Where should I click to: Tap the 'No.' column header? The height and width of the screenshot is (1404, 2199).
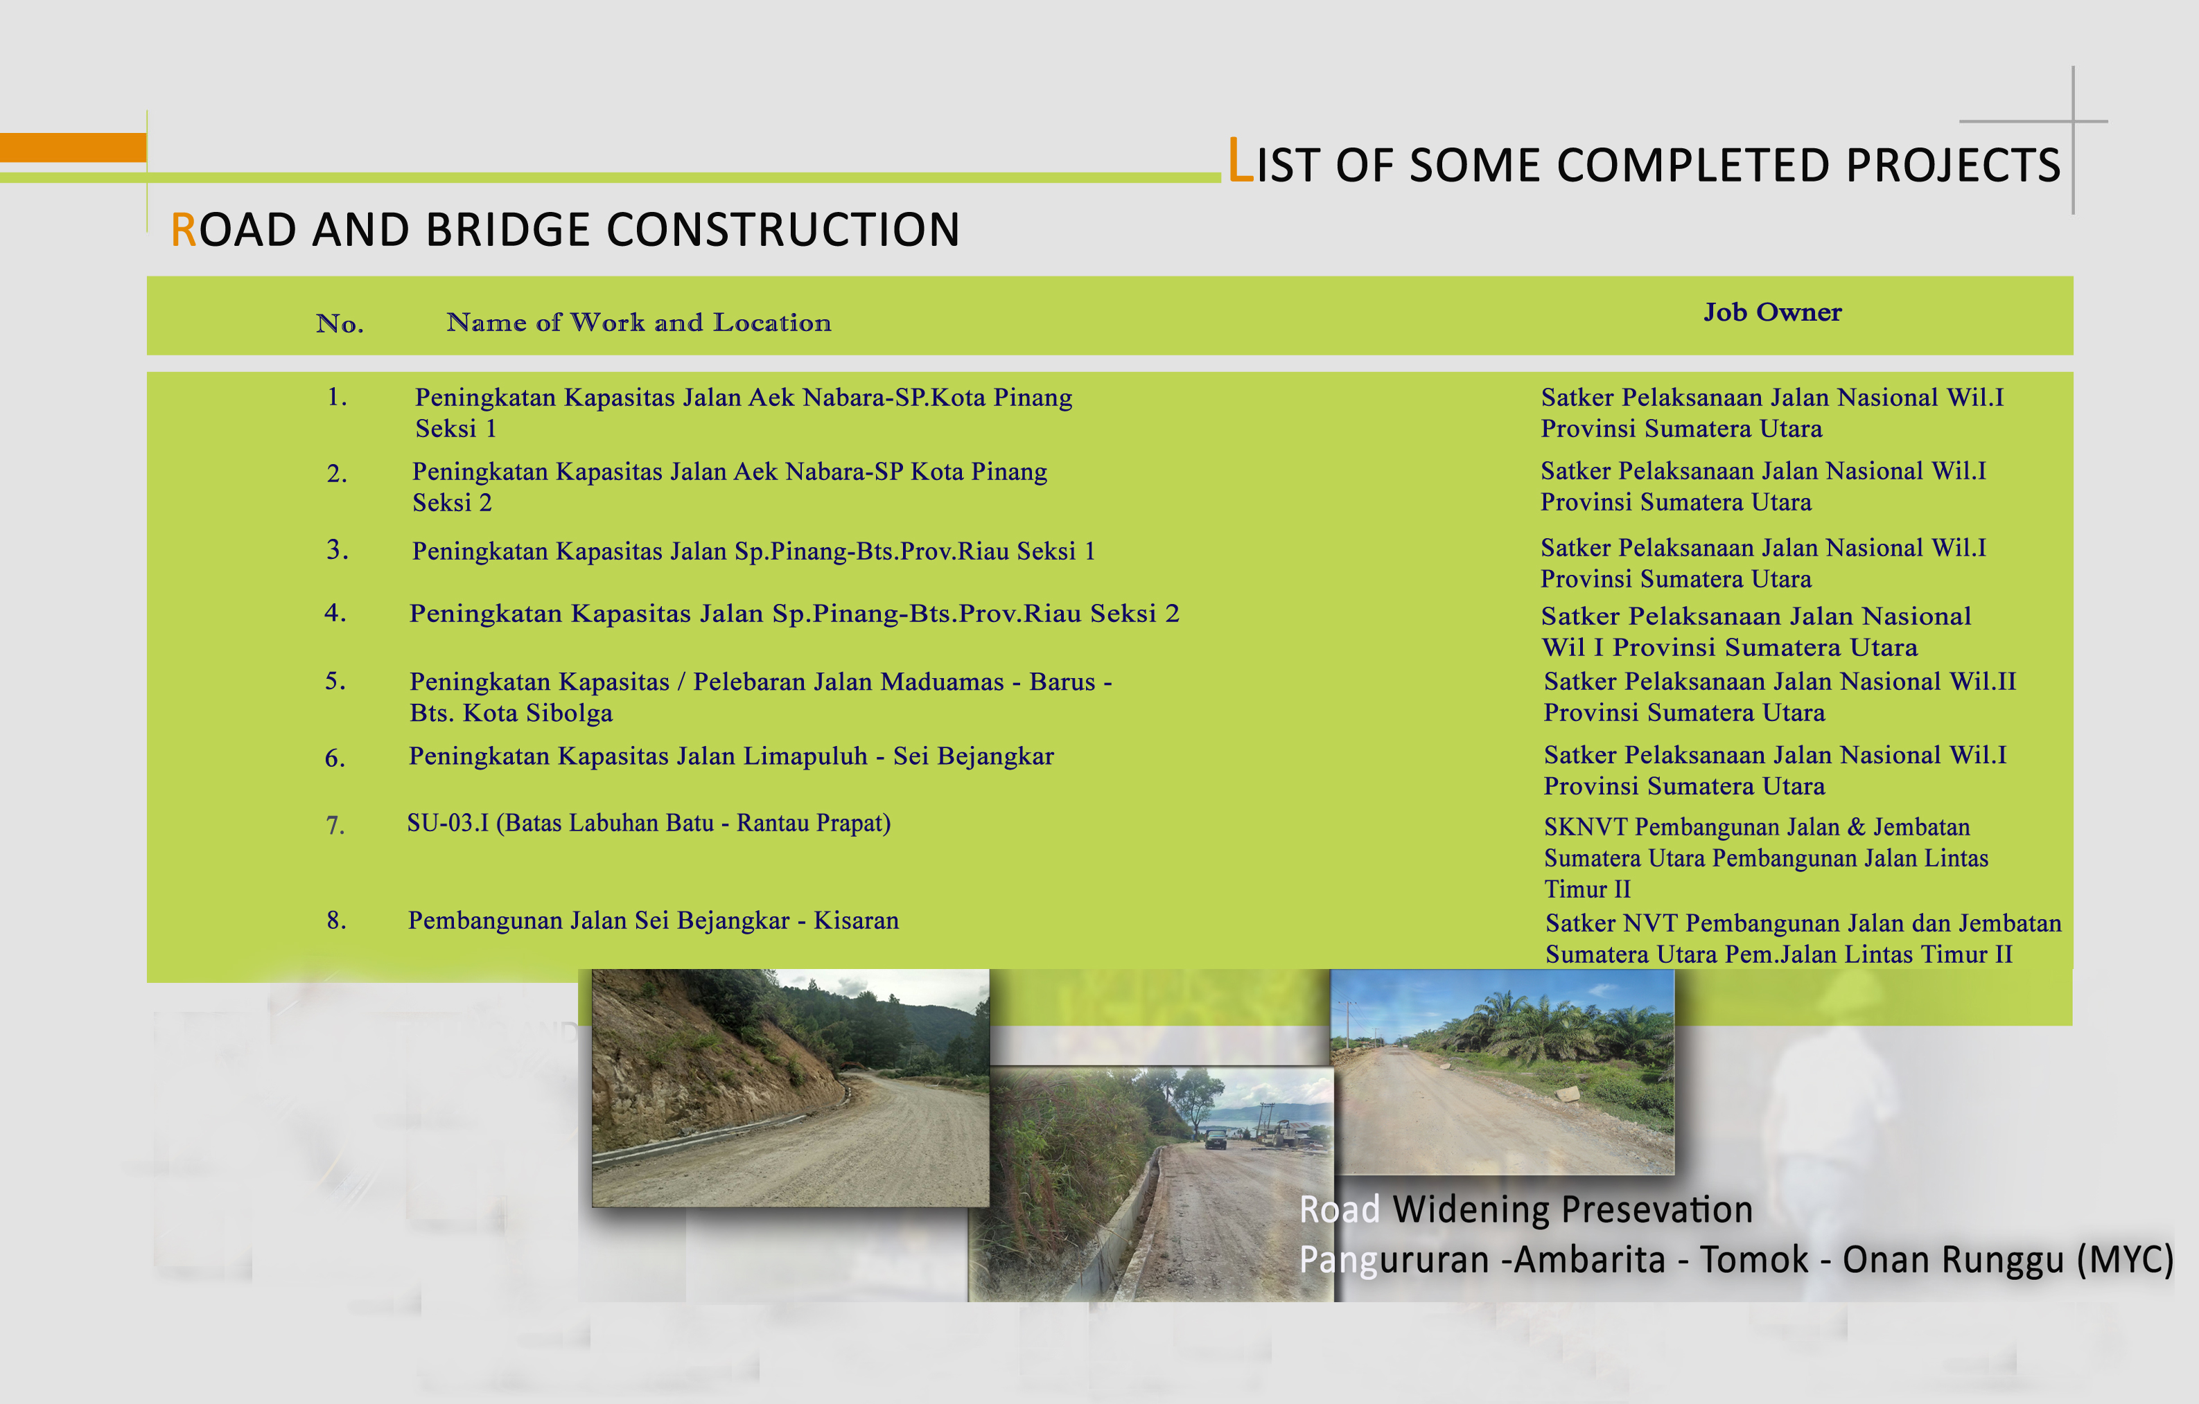coord(340,323)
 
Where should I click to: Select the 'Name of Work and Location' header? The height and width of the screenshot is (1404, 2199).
coord(638,322)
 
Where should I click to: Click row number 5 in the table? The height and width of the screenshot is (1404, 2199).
coord(335,680)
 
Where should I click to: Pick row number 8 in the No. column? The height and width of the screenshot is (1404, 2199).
coord(336,919)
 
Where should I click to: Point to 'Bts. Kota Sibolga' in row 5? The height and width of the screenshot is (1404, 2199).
coord(511,712)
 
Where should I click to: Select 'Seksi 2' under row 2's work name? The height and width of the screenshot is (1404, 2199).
coord(452,502)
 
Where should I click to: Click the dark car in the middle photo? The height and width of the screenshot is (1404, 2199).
coord(1216,1138)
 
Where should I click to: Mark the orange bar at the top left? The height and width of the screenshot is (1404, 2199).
coord(73,147)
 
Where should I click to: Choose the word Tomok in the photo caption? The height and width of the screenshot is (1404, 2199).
coord(1753,1260)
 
